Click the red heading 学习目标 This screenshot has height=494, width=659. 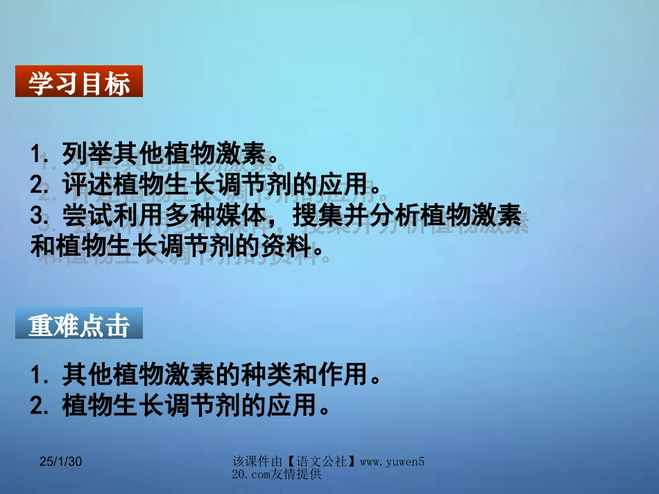78,84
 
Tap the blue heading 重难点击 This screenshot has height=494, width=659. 78,325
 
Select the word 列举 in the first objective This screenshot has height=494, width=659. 78,153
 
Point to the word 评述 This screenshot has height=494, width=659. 78,184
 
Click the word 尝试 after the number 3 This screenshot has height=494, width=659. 78,215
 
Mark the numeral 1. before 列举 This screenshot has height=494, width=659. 40,153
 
